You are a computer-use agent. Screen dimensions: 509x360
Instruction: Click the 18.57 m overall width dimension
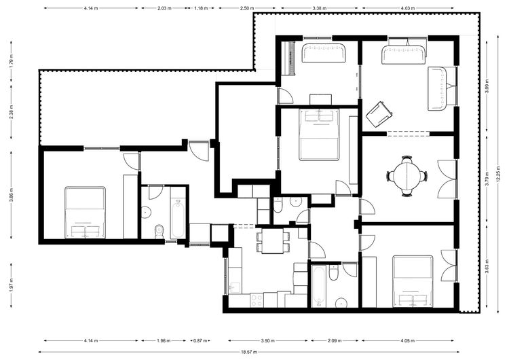click(x=249, y=352)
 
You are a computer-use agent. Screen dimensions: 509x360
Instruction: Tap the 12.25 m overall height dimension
click(x=499, y=175)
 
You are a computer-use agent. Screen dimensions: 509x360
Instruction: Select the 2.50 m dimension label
click(x=247, y=8)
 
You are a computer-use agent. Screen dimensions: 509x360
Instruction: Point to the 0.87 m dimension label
click(x=200, y=341)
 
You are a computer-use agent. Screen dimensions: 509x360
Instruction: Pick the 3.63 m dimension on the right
click(x=487, y=266)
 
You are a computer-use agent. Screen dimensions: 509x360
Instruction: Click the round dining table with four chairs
click(x=407, y=176)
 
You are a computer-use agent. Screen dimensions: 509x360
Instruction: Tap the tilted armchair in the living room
click(x=379, y=114)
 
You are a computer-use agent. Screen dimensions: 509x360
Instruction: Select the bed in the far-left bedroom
click(x=85, y=212)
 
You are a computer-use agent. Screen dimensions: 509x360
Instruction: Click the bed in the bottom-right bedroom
click(x=413, y=281)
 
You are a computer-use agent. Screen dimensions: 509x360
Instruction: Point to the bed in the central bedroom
click(x=319, y=135)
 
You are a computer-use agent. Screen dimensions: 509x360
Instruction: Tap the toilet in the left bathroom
click(x=159, y=231)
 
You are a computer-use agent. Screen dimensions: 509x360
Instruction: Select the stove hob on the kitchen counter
click(x=257, y=300)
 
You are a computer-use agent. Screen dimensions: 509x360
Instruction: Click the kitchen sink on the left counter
click(x=234, y=287)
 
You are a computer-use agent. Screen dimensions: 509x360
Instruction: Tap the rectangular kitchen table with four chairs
click(x=273, y=241)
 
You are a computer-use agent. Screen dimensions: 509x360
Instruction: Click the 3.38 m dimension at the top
click(x=319, y=8)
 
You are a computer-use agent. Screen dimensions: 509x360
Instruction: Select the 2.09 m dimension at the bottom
click(x=335, y=341)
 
